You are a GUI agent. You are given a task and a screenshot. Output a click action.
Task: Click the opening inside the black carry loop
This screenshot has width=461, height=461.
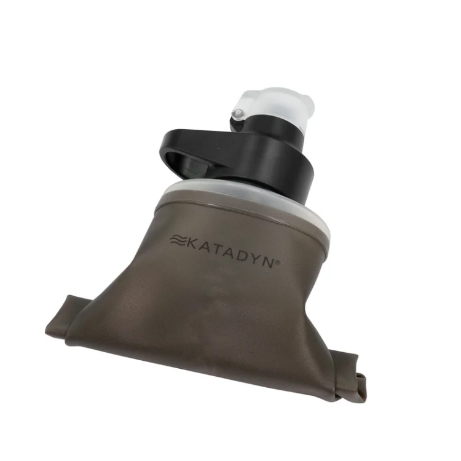pos(187,165)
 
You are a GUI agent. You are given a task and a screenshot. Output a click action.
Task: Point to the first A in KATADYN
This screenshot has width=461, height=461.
pos(205,248)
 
